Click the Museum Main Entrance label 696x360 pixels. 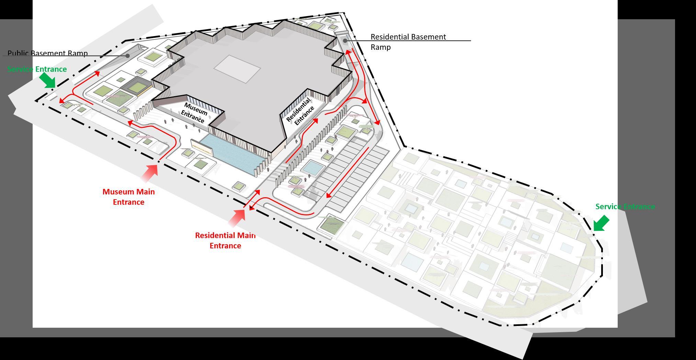pos(128,197)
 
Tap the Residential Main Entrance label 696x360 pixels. pos(225,240)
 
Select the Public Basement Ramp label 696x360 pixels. pos(48,53)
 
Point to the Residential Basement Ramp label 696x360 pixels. pos(408,42)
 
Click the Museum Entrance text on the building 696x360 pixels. pos(194,112)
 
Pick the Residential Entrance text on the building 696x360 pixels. pos(300,111)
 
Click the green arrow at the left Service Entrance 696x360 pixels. pos(47,81)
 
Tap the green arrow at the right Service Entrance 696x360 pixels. pos(601,223)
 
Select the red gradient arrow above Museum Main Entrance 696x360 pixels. pos(150,173)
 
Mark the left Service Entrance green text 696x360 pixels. pos(37,69)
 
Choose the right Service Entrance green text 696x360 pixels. pos(625,206)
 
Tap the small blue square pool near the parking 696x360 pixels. pos(313,168)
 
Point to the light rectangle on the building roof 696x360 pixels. pos(237,69)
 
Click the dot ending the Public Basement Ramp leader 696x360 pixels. pos(128,56)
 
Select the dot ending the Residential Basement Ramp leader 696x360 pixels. pos(345,41)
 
